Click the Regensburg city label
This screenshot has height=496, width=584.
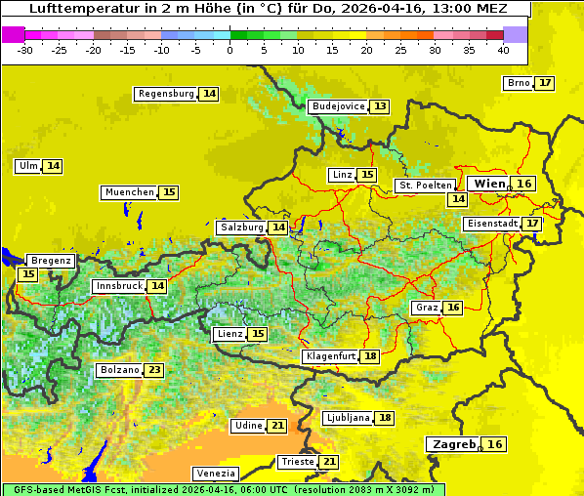[x=166, y=94]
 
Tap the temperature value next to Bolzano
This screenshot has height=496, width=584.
[x=154, y=370]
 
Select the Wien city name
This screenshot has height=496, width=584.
[x=489, y=184]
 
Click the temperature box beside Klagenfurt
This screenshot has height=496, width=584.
[x=369, y=356]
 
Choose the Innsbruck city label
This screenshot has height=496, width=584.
[x=118, y=286]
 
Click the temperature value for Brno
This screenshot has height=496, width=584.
[x=544, y=83]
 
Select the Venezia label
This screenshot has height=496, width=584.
[x=216, y=473]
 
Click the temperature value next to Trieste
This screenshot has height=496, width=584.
[x=329, y=462]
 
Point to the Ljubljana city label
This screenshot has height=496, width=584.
[x=348, y=418]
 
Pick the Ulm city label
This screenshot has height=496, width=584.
[x=28, y=166]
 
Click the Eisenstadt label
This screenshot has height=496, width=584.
[x=491, y=224]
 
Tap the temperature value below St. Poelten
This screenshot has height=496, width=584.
[x=457, y=199]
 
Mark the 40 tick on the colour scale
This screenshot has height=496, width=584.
[x=503, y=49]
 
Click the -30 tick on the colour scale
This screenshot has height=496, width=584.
[x=25, y=49]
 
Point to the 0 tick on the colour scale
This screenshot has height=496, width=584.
[x=229, y=49]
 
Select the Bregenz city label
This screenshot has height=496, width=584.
[x=51, y=261]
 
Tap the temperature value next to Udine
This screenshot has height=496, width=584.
[x=277, y=426]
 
